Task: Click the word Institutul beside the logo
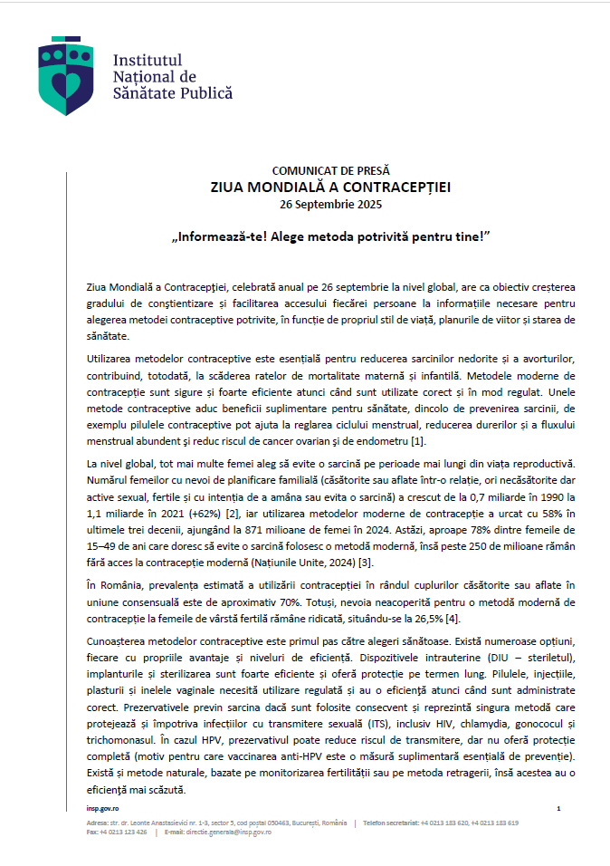click(x=143, y=61)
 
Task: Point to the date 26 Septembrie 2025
click(x=330, y=205)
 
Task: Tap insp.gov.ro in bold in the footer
click(x=104, y=808)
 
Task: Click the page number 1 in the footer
click(x=558, y=808)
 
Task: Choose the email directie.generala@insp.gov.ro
click(x=226, y=832)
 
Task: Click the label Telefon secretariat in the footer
click(x=390, y=823)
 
